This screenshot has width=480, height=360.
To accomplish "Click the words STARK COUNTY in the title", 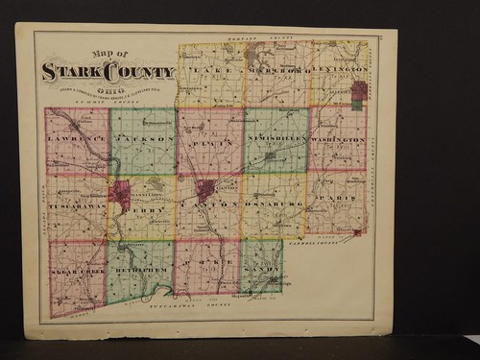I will (108, 72).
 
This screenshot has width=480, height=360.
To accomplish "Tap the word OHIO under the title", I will (108, 84).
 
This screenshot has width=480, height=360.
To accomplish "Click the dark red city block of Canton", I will (204, 189).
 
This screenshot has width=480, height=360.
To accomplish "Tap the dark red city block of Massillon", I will (120, 191).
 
